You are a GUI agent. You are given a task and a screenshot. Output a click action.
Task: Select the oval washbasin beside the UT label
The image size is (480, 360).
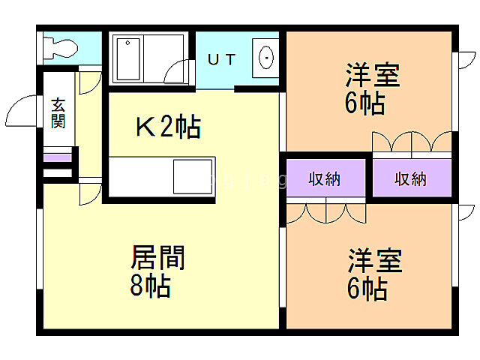click(x=265, y=57)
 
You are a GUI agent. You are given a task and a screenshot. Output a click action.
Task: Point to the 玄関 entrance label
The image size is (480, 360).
click(x=58, y=112)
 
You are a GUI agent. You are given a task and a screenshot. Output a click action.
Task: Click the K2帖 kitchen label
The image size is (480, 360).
click(x=166, y=128)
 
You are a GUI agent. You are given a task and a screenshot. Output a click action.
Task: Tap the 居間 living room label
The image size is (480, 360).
click(x=157, y=259)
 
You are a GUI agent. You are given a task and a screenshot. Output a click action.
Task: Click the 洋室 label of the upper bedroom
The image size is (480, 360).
click(x=372, y=76)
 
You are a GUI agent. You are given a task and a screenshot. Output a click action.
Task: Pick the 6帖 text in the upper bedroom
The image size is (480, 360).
click(x=365, y=103)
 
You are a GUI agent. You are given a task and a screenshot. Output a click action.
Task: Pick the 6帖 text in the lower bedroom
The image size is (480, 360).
click(x=367, y=287)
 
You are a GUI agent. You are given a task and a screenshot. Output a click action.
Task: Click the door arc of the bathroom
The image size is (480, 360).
click(x=178, y=75)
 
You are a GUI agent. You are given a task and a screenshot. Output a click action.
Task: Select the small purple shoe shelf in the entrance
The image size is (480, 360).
click(x=57, y=158)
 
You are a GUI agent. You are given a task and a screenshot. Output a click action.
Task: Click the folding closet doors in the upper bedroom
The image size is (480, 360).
click(x=412, y=142)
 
